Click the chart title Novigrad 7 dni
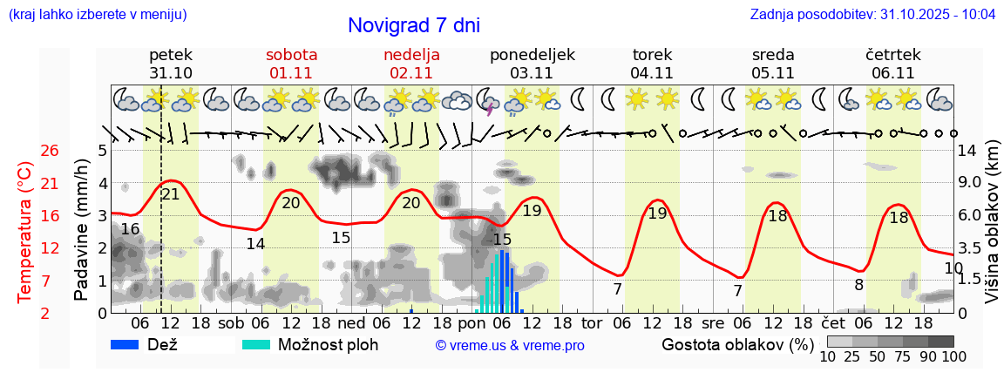pos(413,26)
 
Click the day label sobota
pos(291,55)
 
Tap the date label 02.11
pos(411,73)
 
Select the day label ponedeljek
pos(532,55)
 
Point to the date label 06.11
pos(892,73)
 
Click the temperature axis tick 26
pos(50,151)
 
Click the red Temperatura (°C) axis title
pos(25,232)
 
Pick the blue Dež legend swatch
pos(131,344)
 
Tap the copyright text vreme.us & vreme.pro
pos(510,346)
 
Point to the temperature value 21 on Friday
pos(171,194)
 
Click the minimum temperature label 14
pos(255,244)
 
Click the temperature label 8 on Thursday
pos(858,284)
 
